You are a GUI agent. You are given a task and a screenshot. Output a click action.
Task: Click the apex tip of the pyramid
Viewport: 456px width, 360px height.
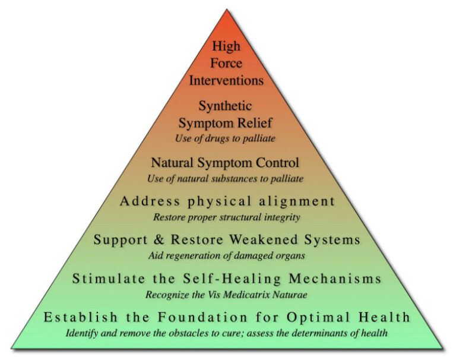click(x=227, y=10)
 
